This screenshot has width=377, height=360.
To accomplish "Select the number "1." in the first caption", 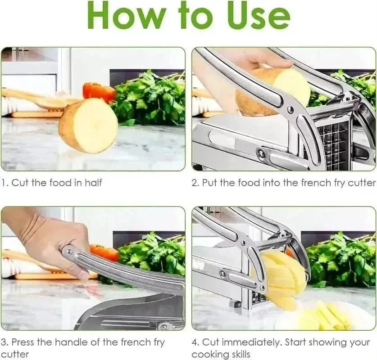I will point(5,183).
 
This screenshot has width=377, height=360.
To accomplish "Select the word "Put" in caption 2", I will point(209,183).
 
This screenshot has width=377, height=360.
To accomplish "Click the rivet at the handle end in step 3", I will point(68,252).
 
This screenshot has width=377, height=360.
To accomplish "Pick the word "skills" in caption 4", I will point(237,355).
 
